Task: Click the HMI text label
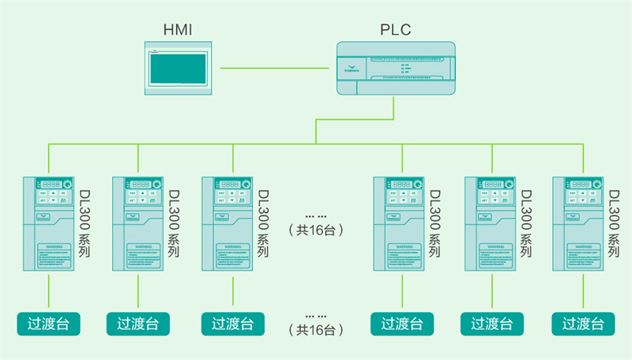[177, 31]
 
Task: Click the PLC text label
[396, 31]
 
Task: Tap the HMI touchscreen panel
[179, 69]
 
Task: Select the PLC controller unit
[396, 69]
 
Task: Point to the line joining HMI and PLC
[277, 69]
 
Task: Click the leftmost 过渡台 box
[49, 324]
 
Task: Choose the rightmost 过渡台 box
[583, 324]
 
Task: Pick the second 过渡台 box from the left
[138, 324]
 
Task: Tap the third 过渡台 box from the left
[232, 324]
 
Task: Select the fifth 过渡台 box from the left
[491, 324]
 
